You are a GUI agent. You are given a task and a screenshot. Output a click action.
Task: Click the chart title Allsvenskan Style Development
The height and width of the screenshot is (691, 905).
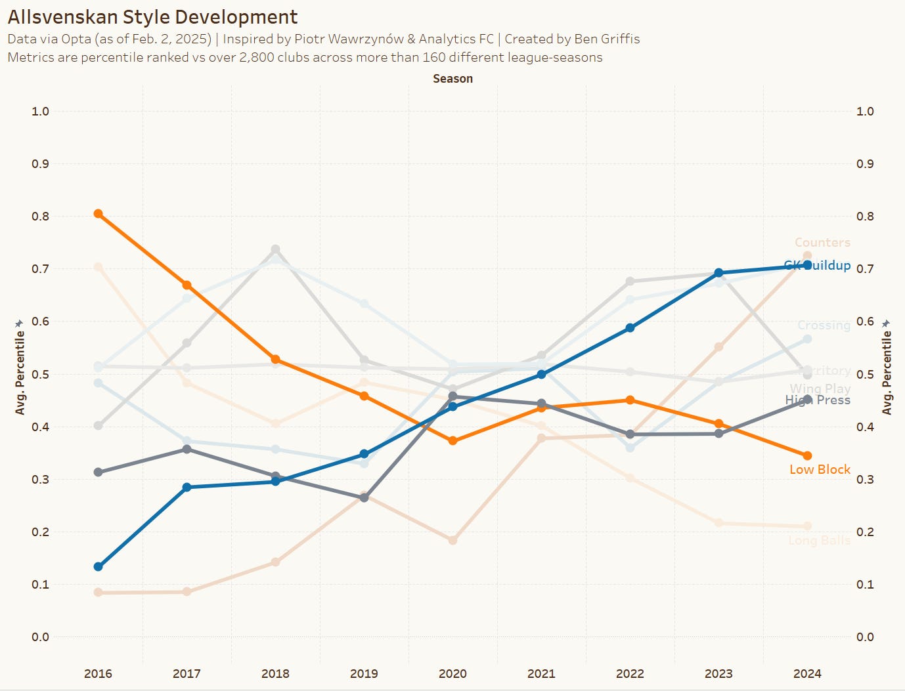152,17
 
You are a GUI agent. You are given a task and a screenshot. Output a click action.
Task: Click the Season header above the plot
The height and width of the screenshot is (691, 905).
453,79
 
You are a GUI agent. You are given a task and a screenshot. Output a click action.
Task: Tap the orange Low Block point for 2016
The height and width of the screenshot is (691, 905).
98,213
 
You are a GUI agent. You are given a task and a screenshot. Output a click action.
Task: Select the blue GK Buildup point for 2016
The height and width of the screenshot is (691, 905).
98,566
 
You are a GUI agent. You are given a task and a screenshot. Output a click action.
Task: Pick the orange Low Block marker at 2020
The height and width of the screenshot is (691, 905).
453,441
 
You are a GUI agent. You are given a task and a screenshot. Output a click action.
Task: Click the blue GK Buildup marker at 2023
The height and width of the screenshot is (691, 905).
718,273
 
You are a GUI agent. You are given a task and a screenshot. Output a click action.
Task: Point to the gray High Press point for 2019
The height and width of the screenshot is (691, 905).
364,497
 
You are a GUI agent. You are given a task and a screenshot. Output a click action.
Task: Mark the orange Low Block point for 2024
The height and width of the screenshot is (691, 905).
807,455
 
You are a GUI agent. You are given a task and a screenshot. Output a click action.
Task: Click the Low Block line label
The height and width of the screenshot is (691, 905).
820,469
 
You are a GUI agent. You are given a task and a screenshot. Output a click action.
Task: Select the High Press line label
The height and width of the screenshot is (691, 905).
818,400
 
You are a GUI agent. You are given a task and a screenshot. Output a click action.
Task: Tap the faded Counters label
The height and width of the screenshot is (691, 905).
822,243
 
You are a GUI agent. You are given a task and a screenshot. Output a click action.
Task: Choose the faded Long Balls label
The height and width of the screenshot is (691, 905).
819,541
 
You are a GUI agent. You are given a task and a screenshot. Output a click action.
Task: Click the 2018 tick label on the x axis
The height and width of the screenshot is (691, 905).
275,673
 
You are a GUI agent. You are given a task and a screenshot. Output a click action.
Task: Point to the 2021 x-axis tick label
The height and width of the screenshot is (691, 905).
541,673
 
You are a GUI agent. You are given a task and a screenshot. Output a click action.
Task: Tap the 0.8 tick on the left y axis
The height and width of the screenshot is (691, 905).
40,217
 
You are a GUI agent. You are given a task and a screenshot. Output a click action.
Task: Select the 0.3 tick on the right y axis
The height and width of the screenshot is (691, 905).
865,479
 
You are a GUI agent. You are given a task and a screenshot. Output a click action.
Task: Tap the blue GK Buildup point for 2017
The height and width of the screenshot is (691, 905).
187,487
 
